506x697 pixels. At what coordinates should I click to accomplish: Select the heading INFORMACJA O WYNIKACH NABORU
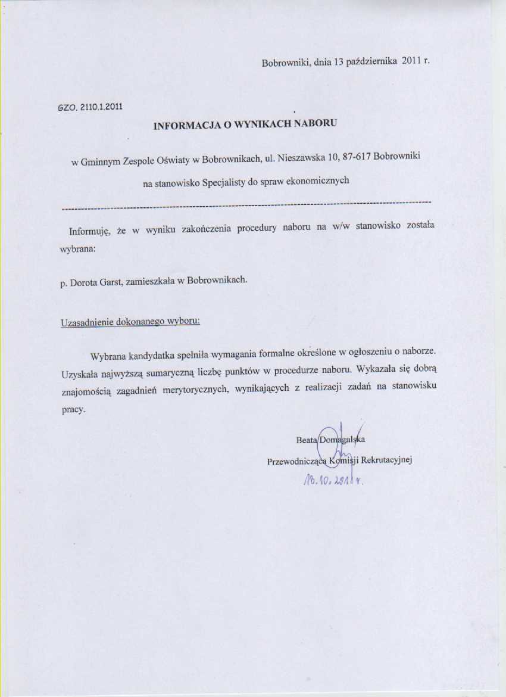[246, 125]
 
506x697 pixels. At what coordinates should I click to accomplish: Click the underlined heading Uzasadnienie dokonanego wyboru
[130, 322]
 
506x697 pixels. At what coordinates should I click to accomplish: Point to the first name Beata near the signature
[307, 440]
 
